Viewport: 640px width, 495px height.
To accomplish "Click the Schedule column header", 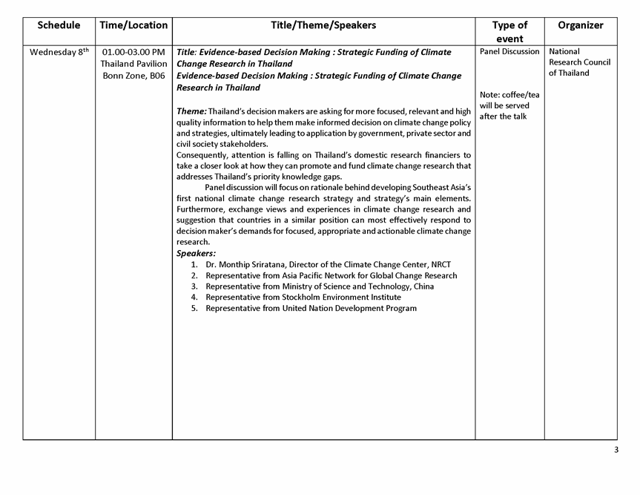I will (x=59, y=25).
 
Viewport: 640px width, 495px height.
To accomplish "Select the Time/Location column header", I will (x=133, y=25).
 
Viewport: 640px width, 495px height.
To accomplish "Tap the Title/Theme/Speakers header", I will (x=323, y=25).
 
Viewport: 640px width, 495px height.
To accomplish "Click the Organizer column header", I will (x=580, y=25).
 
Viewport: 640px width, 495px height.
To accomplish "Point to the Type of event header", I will (x=509, y=32).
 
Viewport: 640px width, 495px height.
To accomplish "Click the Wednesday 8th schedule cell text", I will (x=59, y=52).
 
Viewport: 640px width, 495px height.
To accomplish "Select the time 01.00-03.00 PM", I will (x=133, y=52).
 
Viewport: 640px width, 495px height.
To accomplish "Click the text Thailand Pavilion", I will (x=133, y=64).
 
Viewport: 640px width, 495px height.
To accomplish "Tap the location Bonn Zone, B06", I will (x=133, y=76).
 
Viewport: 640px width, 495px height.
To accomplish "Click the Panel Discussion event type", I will (x=509, y=52).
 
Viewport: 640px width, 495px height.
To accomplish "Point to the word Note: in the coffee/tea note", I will (x=490, y=95).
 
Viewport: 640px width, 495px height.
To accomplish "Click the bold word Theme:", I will (x=191, y=111).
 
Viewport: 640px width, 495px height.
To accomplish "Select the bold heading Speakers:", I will (x=196, y=253).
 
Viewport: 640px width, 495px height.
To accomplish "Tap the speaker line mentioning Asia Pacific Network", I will (x=331, y=275).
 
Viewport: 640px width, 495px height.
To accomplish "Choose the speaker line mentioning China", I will (x=320, y=286).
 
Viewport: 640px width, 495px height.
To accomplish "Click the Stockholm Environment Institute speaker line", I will (x=303, y=297).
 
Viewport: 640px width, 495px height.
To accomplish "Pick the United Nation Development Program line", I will (x=311, y=308).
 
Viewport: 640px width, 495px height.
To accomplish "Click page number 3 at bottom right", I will (x=616, y=450).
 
